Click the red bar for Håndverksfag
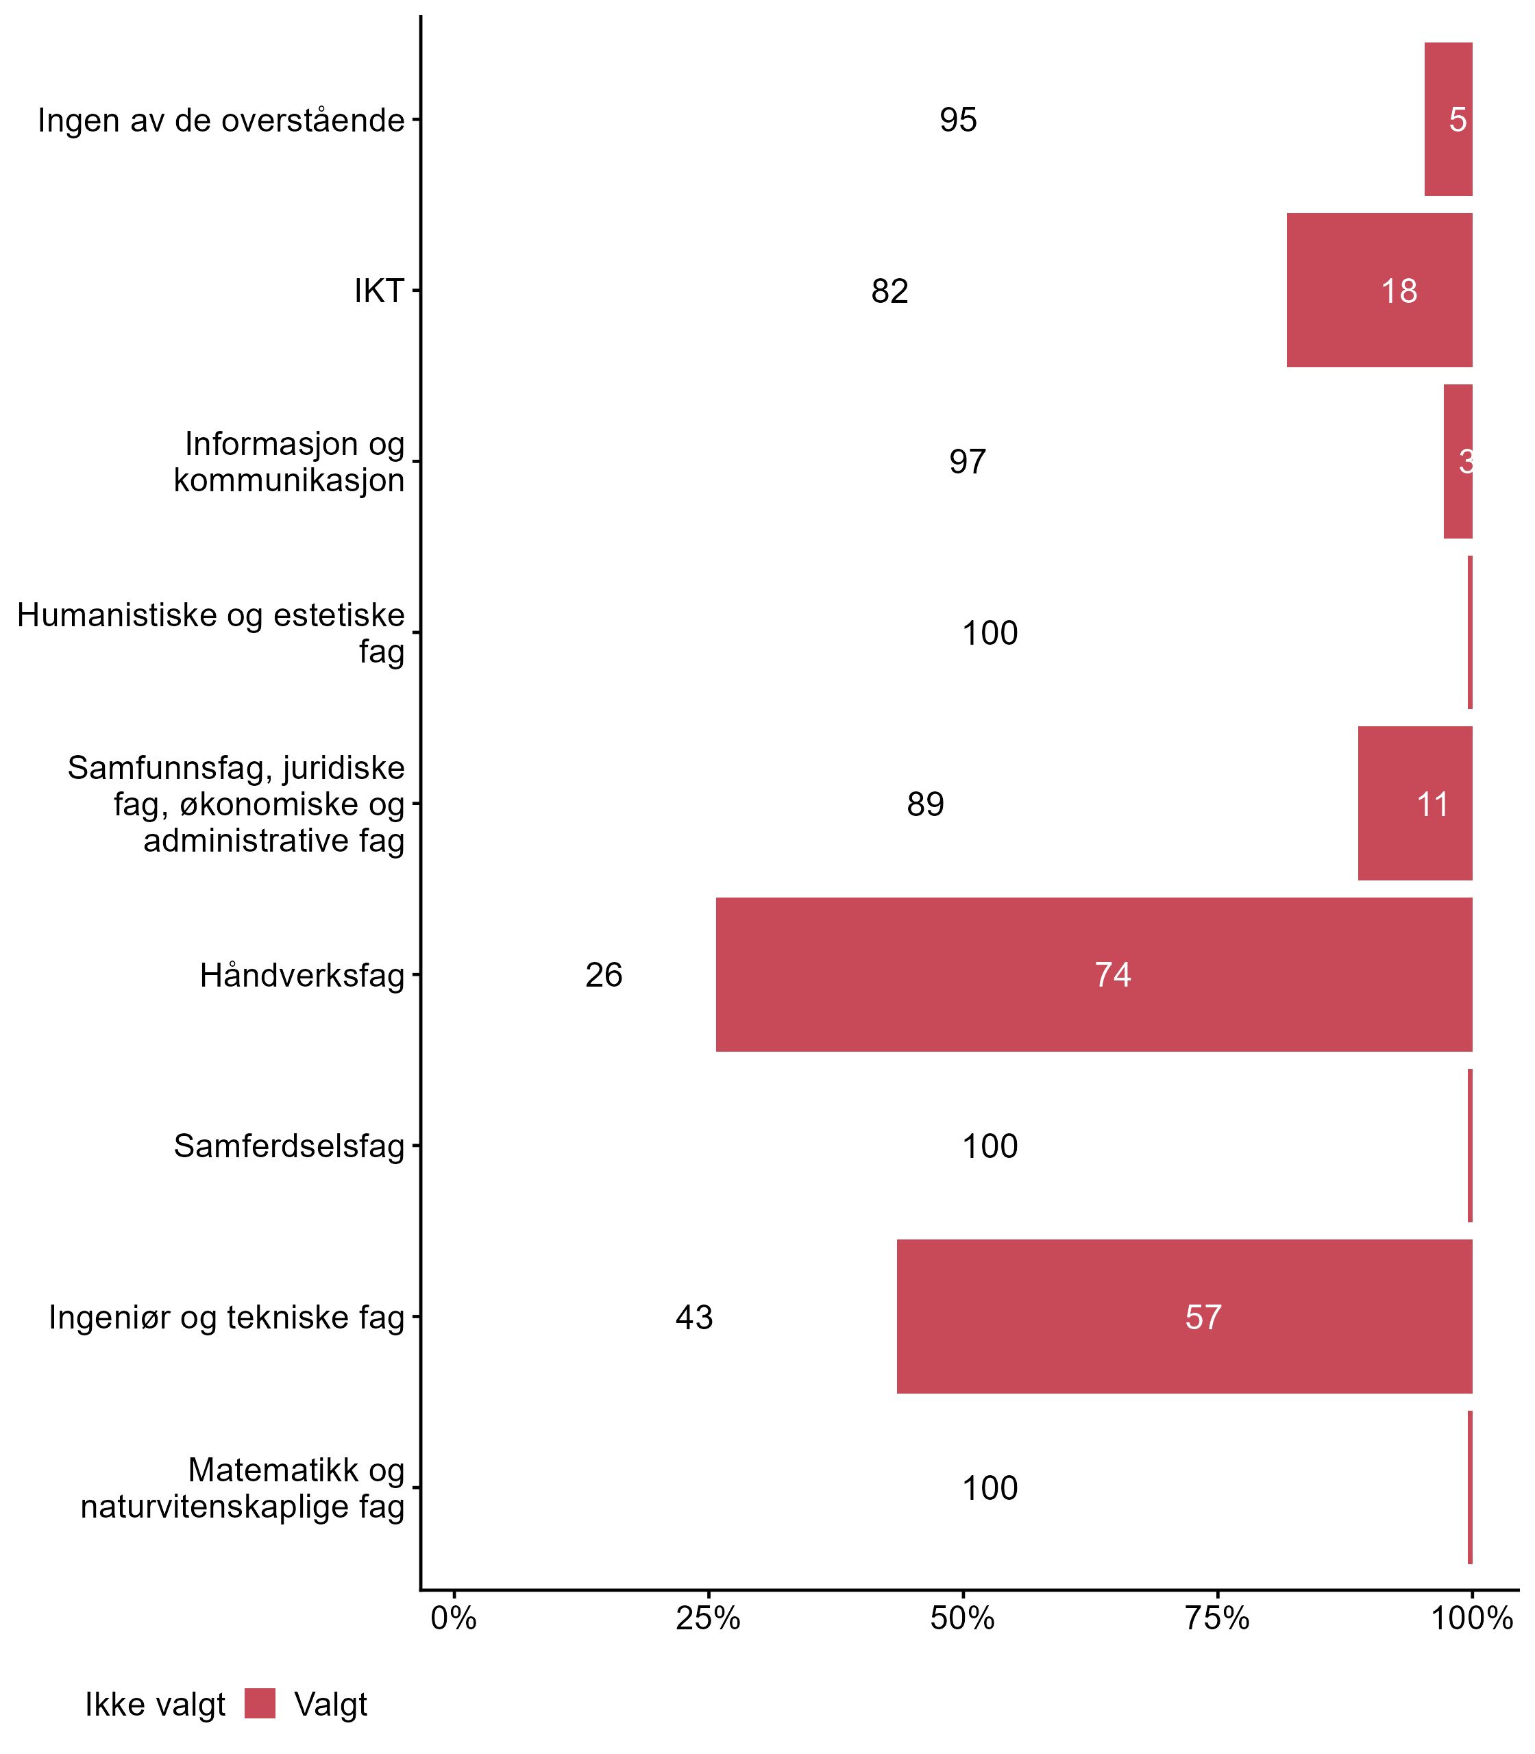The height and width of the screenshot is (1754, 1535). (x=1094, y=974)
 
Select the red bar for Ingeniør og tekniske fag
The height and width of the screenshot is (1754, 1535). (x=1185, y=1316)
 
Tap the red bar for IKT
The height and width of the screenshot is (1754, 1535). (x=1379, y=291)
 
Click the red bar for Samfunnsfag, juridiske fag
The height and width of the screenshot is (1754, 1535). (x=1414, y=803)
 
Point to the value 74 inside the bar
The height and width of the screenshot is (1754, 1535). (x=1113, y=974)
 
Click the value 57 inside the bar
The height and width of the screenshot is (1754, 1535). (x=1203, y=1317)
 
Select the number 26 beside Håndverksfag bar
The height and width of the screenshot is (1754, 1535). (x=604, y=974)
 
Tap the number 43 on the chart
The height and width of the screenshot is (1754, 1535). (x=693, y=1317)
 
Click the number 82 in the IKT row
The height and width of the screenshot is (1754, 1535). (x=889, y=291)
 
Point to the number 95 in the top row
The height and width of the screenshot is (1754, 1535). (x=958, y=120)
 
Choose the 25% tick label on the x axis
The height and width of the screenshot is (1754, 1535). (x=707, y=1618)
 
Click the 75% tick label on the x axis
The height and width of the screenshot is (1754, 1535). (x=1216, y=1618)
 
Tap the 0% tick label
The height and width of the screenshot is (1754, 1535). (x=453, y=1618)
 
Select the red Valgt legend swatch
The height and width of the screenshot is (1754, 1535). (x=260, y=1703)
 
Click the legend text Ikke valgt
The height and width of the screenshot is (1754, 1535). (x=155, y=1705)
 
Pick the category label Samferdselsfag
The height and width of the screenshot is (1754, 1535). (x=288, y=1146)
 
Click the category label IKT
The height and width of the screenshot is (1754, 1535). (x=378, y=291)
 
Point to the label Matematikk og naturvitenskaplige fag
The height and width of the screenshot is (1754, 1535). (x=243, y=1487)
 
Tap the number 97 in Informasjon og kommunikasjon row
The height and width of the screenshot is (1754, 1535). (x=967, y=462)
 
